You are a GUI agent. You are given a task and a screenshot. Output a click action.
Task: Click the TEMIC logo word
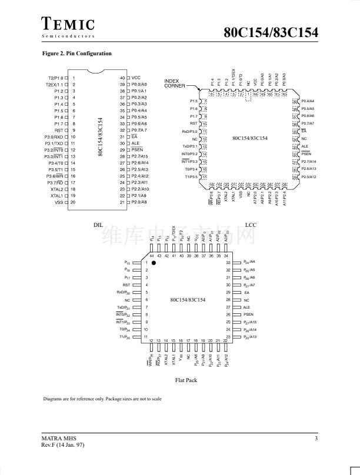(x=68, y=24)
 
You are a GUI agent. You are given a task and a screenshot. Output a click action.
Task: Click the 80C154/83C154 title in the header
(x=271, y=32)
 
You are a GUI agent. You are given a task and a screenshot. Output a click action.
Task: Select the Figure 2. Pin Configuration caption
(x=77, y=53)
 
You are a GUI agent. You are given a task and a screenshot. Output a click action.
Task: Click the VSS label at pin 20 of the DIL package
(x=59, y=202)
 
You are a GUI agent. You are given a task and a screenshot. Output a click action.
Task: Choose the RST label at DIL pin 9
(x=59, y=130)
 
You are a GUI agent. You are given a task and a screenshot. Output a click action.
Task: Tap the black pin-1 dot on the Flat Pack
(x=154, y=263)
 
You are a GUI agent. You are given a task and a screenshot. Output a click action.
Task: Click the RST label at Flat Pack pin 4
(x=126, y=285)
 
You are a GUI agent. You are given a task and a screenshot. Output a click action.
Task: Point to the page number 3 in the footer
(x=316, y=439)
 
